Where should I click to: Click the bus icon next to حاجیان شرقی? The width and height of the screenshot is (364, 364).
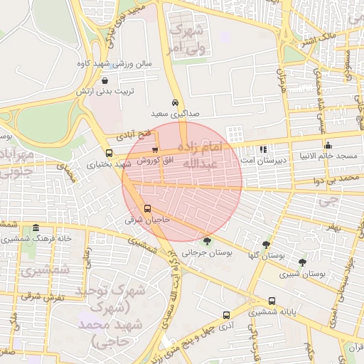(x=148, y=209)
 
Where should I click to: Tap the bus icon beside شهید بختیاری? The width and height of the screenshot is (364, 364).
(x=109, y=153)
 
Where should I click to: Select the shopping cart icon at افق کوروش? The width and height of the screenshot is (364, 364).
(x=155, y=150)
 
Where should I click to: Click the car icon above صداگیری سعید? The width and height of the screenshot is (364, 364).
(x=175, y=102)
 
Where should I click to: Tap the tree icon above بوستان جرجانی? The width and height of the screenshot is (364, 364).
(x=207, y=241)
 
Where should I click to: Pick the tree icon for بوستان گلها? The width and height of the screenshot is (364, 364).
(x=267, y=244)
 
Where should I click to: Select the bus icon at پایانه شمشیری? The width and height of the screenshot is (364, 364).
(x=272, y=301)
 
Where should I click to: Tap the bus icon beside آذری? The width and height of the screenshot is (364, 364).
(x=226, y=314)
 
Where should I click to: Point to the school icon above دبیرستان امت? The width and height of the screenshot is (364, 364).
(x=263, y=150)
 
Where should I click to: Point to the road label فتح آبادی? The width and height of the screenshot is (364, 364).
(x=135, y=133)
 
